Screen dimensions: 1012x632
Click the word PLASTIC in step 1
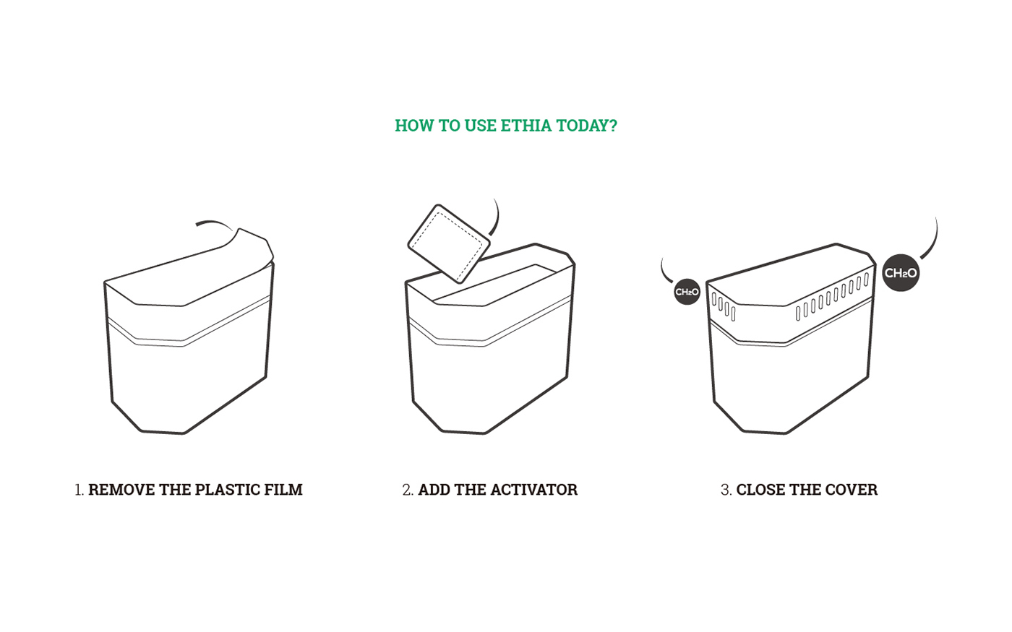tap(228, 490)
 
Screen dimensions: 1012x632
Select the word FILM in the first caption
tap(284, 490)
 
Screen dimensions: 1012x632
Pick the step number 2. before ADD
tap(408, 490)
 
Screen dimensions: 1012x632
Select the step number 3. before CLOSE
tap(726, 490)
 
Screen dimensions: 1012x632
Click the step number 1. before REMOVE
tap(80, 490)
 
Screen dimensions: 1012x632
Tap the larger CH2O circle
tap(901, 273)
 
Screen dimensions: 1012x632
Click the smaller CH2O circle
tap(687, 292)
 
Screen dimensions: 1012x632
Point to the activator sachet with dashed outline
tap(449, 243)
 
